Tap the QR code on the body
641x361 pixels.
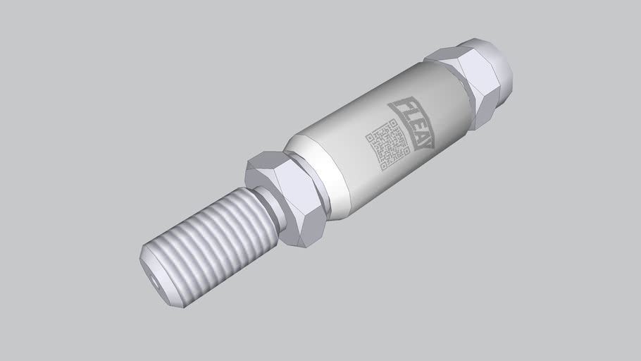[387, 145]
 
